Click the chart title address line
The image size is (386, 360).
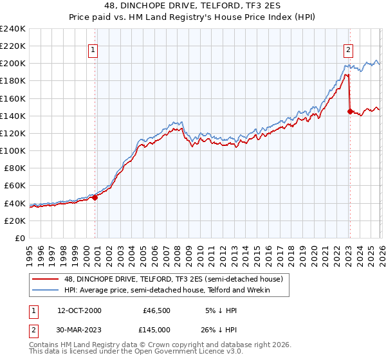tap(193, 6)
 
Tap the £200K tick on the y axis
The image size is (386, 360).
tap(13, 64)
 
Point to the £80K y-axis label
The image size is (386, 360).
tap(15, 168)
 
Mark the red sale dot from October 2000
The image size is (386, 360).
tap(95, 197)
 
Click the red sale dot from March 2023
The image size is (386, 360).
tap(350, 111)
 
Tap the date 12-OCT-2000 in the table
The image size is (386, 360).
tap(79, 310)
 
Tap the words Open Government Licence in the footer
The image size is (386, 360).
tap(183, 353)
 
